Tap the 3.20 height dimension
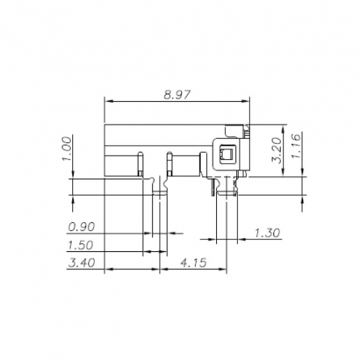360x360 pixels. tap(276, 152)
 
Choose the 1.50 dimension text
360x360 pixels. tap(83, 244)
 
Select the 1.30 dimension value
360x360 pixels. tap(267, 233)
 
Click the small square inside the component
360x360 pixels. tap(226, 155)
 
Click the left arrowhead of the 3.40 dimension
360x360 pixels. tap(108, 268)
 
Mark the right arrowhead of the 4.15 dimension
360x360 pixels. tap(226, 268)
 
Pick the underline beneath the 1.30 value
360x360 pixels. tap(268, 240)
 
